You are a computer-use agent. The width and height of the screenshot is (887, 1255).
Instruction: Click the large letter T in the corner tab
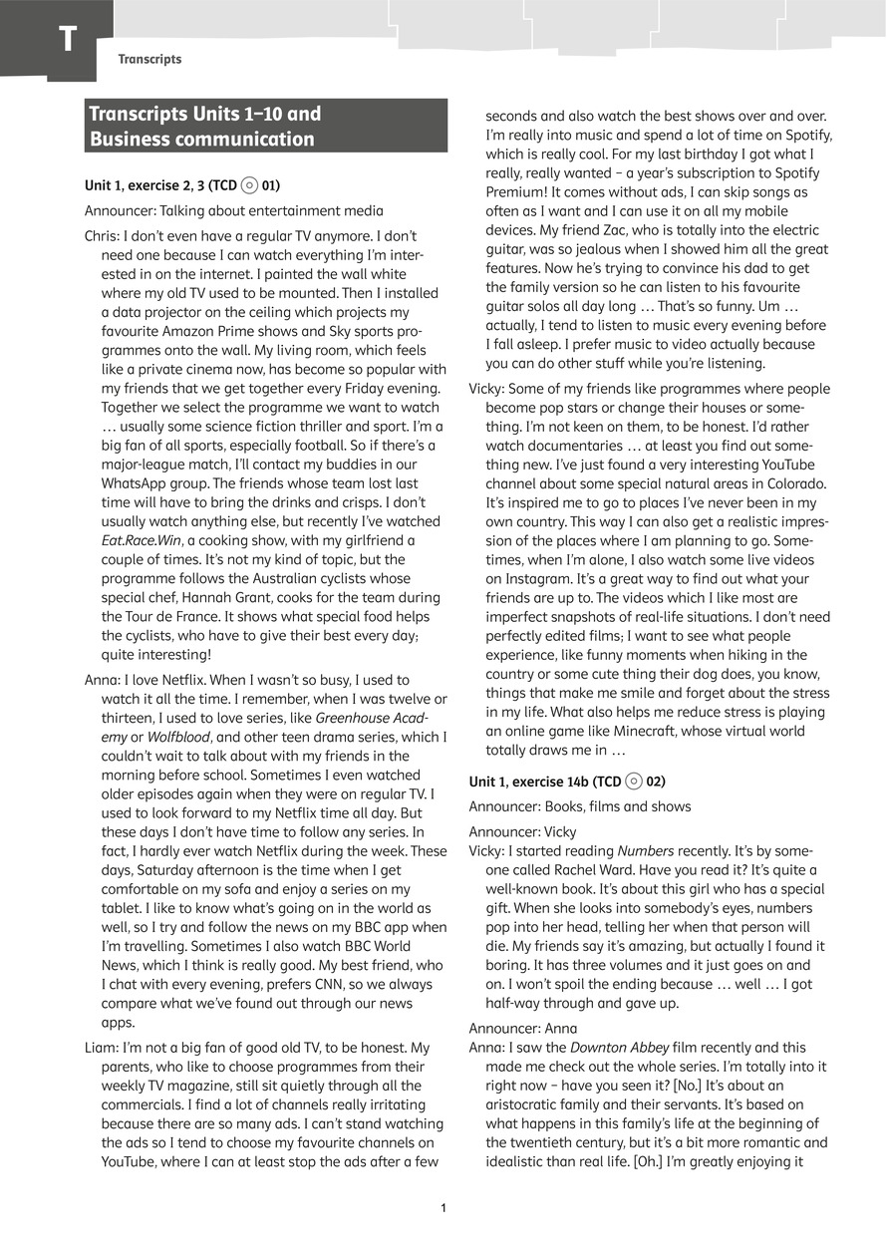click(67, 40)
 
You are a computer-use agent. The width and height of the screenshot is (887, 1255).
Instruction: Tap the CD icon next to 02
click(635, 782)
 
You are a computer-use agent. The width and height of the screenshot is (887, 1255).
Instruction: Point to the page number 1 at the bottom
click(443, 1208)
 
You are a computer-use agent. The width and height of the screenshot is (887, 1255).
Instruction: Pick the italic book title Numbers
click(646, 851)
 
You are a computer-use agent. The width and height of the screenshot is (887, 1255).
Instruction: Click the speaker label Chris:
click(104, 235)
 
